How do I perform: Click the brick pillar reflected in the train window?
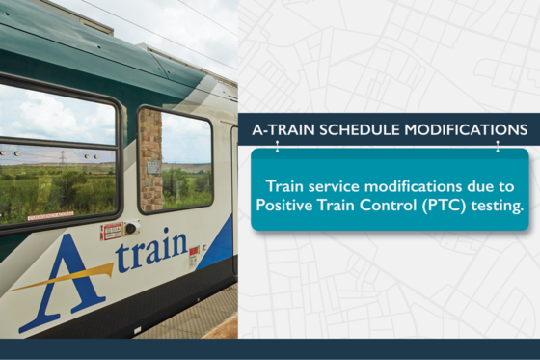point(149,159)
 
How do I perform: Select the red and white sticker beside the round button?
point(112,232)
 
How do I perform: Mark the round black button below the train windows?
point(131,228)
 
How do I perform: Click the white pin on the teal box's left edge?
point(277,147)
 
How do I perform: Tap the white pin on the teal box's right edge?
point(498,147)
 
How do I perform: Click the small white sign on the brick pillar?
point(153,167)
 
